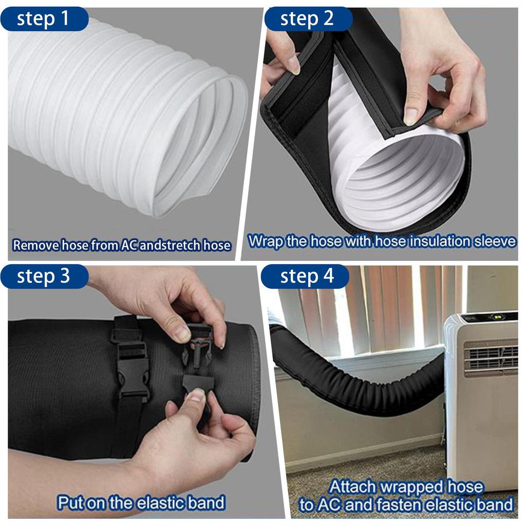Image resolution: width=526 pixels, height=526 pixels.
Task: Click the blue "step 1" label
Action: point(44,19)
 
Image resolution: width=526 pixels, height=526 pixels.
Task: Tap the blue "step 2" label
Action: point(307,19)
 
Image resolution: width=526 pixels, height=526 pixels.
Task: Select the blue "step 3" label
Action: point(44,276)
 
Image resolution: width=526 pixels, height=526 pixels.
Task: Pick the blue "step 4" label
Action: point(307,276)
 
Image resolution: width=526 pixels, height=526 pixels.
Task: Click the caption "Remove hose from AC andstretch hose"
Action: point(121,245)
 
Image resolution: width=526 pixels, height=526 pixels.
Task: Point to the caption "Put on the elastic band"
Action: point(141,502)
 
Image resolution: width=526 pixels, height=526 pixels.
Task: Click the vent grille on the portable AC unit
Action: point(491,357)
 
